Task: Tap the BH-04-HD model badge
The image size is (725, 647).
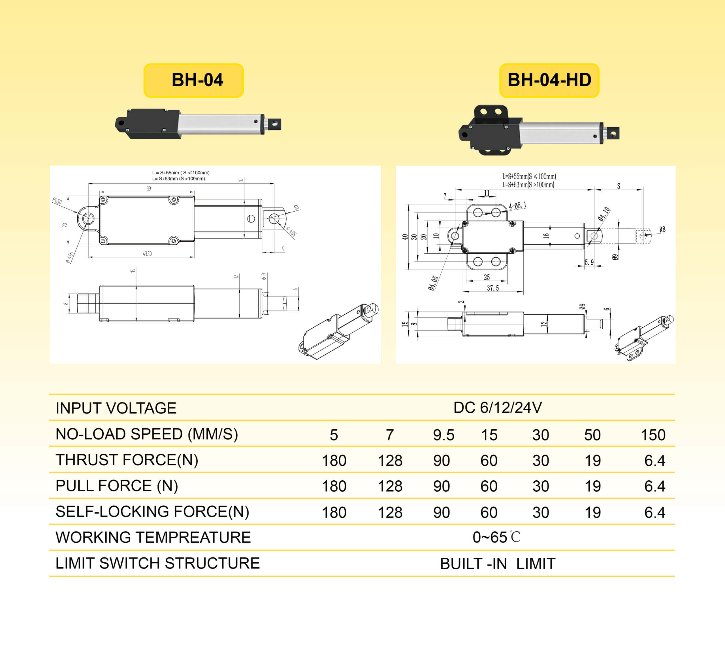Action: pos(549,80)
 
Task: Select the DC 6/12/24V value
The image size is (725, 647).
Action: pos(497,408)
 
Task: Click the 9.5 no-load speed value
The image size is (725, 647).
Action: pos(443,435)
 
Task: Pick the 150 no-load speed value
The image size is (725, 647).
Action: pos(652,435)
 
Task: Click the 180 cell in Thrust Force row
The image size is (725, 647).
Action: pos(334,461)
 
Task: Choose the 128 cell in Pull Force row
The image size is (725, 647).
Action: pos(390,486)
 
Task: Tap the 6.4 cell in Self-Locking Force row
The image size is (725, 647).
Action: pos(654,512)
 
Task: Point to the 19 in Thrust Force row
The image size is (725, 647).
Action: pos(592,461)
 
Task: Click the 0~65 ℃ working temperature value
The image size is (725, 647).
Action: pos(496,537)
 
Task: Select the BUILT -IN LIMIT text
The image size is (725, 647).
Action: pos(497,563)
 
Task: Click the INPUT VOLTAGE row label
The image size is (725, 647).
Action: pos(116,408)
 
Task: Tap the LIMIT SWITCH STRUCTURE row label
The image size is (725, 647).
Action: pos(157,563)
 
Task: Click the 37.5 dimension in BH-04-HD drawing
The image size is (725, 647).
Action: pos(493,288)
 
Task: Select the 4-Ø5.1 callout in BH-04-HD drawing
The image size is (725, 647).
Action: pos(517,206)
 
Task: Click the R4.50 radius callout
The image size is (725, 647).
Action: pos(57,201)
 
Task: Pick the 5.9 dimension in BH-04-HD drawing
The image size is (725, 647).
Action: pos(589,262)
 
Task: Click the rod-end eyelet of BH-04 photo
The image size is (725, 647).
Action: pos(274,124)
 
